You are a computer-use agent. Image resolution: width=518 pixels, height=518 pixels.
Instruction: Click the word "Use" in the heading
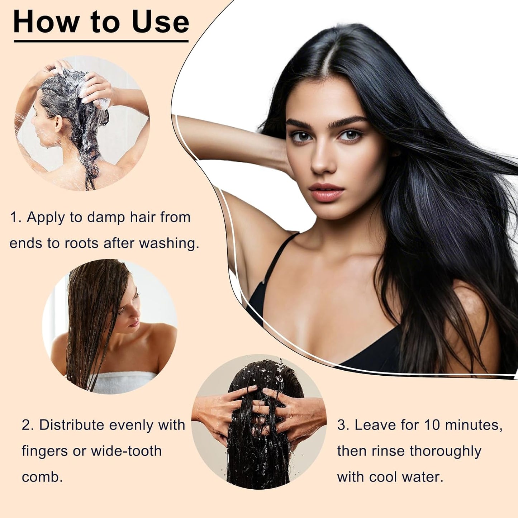pyautogui.click(x=160, y=22)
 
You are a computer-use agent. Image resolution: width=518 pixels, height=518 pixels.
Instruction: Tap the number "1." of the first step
pyautogui.click(x=16, y=217)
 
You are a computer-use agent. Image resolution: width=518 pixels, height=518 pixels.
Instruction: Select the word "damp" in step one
pyautogui.click(x=106, y=218)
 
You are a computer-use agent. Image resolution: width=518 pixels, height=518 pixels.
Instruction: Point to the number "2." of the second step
pyautogui.click(x=28, y=425)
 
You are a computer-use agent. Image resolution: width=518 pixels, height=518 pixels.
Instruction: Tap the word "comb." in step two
pyautogui.click(x=42, y=477)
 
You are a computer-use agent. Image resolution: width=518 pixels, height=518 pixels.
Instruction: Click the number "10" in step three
pyautogui.click(x=432, y=425)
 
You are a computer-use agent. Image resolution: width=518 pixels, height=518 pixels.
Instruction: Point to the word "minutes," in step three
pyautogui.click(x=474, y=425)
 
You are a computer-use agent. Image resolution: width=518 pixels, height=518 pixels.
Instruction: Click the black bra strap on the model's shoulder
pyautogui.click(x=278, y=258)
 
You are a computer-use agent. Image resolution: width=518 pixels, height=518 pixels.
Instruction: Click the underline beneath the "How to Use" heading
pyautogui.click(x=101, y=41)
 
